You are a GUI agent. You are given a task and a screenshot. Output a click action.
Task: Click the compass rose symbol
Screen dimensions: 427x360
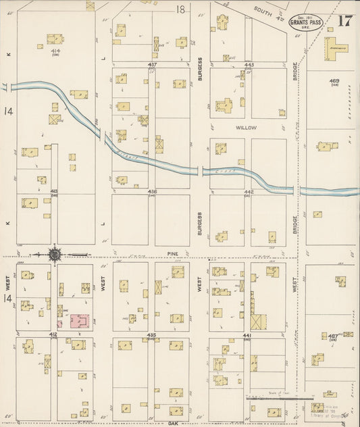pos(54,255)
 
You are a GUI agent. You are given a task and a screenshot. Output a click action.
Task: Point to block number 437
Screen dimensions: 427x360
pos(153,65)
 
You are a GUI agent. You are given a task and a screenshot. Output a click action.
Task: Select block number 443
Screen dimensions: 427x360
pos(249,65)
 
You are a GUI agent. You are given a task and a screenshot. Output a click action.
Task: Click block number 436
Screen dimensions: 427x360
pos(153,192)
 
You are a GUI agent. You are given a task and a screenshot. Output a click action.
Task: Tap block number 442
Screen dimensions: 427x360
pos(249,192)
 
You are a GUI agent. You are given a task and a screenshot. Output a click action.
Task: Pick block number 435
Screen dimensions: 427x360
pos(152,335)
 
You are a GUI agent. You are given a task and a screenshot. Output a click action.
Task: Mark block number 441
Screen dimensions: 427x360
pos(248,335)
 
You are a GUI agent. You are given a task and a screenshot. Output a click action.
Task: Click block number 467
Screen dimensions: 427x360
pos(333,335)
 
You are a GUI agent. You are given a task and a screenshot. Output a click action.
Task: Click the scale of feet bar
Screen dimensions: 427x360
pos(270,399)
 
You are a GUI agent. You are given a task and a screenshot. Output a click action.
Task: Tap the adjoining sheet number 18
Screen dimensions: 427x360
pos(180,9)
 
